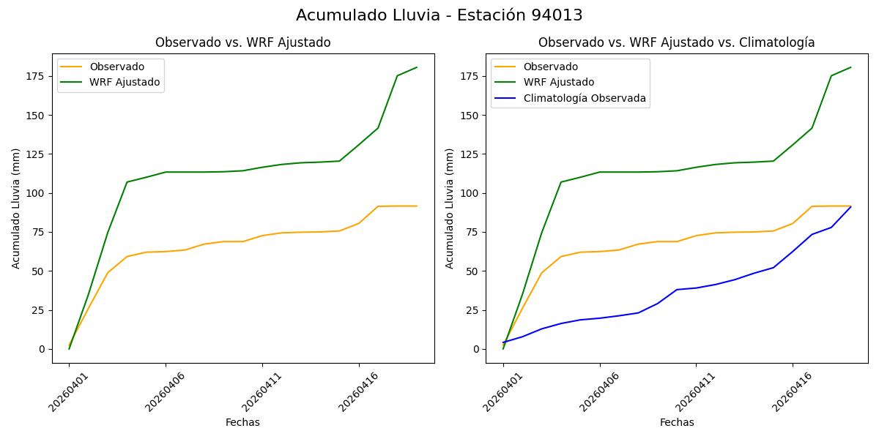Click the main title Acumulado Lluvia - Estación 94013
tap(439, 15)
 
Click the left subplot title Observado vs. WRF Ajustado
tap(242, 42)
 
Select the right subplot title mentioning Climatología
tap(676, 42)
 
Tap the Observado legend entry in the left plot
tap(116, 67)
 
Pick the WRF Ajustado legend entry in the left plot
tap(125, 82)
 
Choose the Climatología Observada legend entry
tap(584, 98)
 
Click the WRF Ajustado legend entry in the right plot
tap(558, 82)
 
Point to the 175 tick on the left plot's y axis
tap(37, 76)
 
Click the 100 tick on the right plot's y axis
tap(470, 193)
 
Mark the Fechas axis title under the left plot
tap(242, 422)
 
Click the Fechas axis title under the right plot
tap(676, 422)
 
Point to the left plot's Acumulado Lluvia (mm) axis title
tap(16, 208)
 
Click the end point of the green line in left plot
tap(417, 67)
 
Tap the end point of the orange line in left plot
tap(417, 206)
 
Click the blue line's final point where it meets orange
tap(850, 206)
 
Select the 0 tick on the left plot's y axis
tap(42, 349)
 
